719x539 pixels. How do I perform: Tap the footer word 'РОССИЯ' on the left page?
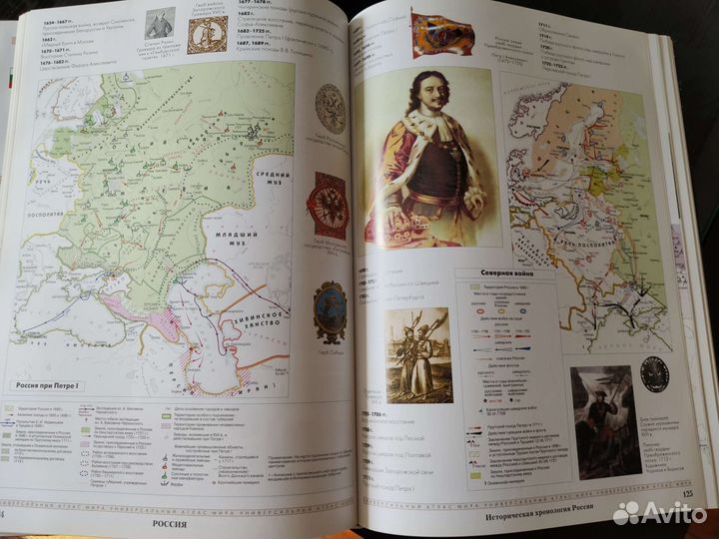(166, 519)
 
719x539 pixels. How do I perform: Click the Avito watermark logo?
(660, 512)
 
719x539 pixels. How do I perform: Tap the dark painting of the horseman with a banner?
(605, 420)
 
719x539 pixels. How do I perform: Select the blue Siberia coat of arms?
(331, 312)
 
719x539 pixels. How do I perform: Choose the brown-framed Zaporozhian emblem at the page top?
(208, 34)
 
